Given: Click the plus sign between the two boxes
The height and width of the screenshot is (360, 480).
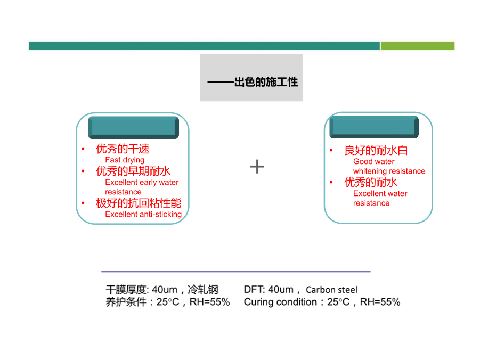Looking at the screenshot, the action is tap(257, 167).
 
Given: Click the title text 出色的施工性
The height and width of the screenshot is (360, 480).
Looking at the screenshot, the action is tap(266, 82).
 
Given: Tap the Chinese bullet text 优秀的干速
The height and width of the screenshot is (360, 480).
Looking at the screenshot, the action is tap(123, 149).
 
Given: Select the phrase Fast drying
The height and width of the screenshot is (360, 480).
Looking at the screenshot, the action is tap(125, 160).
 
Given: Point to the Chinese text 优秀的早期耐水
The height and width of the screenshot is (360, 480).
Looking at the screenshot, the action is tap(133, 171).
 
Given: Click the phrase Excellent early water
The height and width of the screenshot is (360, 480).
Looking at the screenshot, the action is tap(142, 182).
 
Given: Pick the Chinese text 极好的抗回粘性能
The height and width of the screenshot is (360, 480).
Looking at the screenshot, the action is tap(139, 203).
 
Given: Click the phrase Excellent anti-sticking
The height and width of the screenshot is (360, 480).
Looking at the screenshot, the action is tap(143, 214).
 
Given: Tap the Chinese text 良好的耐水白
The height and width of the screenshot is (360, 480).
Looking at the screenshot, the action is tap(376, 150).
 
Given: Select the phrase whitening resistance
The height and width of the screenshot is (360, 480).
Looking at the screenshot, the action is tap(389, 171).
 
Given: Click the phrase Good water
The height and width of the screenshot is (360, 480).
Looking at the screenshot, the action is tap(374, 161).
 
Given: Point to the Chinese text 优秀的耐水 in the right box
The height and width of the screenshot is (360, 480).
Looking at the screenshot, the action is tap(371, 183).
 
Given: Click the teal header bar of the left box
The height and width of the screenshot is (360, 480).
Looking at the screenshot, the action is tap(134, 127).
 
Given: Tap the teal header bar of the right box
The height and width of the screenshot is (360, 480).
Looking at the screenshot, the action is tap(374, 127).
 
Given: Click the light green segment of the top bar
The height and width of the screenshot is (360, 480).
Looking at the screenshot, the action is tap(418, 46).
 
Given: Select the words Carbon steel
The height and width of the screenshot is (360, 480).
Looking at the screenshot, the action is tap(331, 290).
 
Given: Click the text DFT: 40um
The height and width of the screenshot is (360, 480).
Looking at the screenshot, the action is tap(269, 289).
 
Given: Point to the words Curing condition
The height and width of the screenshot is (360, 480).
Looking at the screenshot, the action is tap(280, 302).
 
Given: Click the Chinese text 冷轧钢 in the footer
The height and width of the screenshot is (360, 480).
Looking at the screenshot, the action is tap(202, 289).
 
